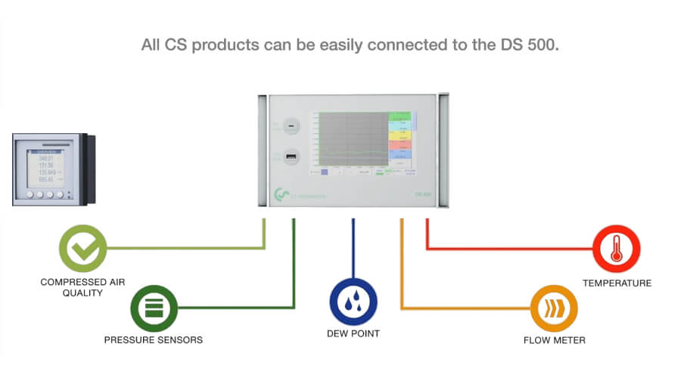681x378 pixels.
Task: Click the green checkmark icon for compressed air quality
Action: click(x=83, y=248)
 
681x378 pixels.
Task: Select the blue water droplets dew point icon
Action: click(x=353, y=302)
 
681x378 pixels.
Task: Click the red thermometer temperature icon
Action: click(x=617, y=249)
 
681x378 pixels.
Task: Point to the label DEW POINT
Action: click(x=353, y=333)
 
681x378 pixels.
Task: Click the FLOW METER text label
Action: click(x=554, y=340)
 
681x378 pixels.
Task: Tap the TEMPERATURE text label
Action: click(x=617, y=283)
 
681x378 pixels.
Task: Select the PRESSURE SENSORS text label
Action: click(x=154, y=340)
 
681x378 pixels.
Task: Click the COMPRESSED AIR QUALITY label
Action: click(x=83, y=287)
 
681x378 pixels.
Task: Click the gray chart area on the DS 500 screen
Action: click(x=353, y=138)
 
